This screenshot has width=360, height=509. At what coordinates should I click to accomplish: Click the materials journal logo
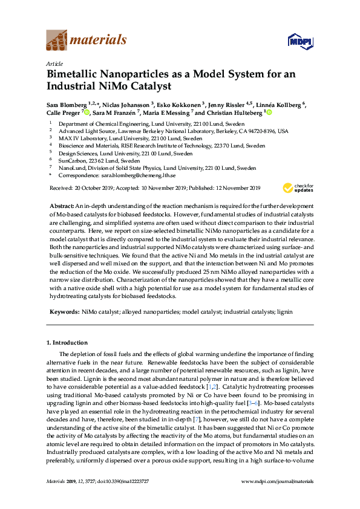[87, 41]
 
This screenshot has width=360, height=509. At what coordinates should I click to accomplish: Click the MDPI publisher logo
[301, 41]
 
